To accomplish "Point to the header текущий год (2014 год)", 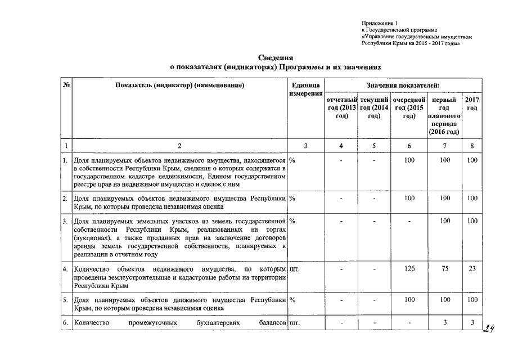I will (374, 107).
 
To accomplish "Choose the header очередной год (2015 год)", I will (409, 107).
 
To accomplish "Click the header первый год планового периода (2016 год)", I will (444, 115).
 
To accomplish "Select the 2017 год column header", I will (472, 103).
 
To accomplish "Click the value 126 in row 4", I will (409, 269).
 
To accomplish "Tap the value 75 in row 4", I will (445, 269).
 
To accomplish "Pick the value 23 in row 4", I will (472, 269).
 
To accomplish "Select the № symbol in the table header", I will (66, 85).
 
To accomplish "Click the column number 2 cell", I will (179, 146).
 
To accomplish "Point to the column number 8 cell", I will (472, 146).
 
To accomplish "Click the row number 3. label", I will (66, 221).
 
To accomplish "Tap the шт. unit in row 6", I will (294, 323).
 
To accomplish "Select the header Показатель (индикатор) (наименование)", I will (179, 85).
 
